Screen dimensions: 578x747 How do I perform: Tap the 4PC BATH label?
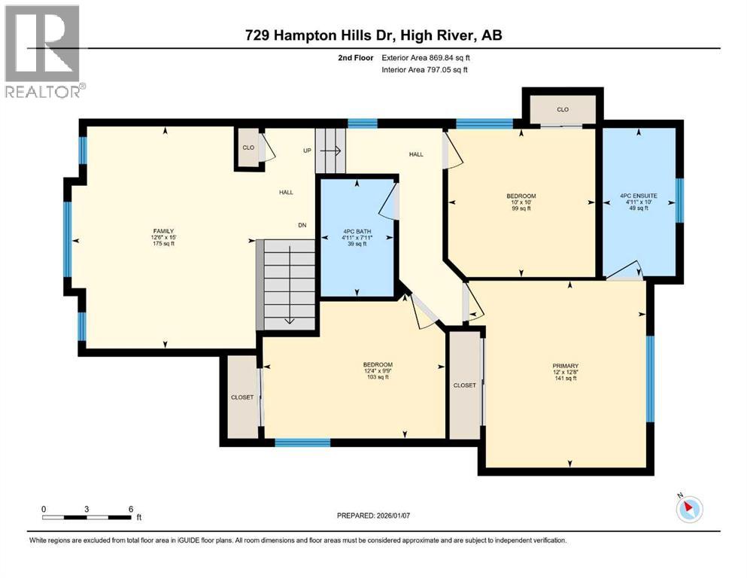[x=357, y=231]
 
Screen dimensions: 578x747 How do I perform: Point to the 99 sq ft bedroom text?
[x=521, y=208]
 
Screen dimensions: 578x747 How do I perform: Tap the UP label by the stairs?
[x=307, y=151]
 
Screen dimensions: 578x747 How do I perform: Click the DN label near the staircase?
[x=302, y=226]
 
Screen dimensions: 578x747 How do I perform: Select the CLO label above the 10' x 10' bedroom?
[x=563, y=109]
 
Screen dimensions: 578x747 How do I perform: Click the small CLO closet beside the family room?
[x=248, y=148]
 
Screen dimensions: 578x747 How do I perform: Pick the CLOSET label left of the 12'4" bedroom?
[x=241, y=397]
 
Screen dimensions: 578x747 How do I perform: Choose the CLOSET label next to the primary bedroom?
[x=464, y=385]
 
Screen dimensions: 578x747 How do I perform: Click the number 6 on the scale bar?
[x=131, y=509]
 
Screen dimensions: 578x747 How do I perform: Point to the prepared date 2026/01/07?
[x=380, y=516]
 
